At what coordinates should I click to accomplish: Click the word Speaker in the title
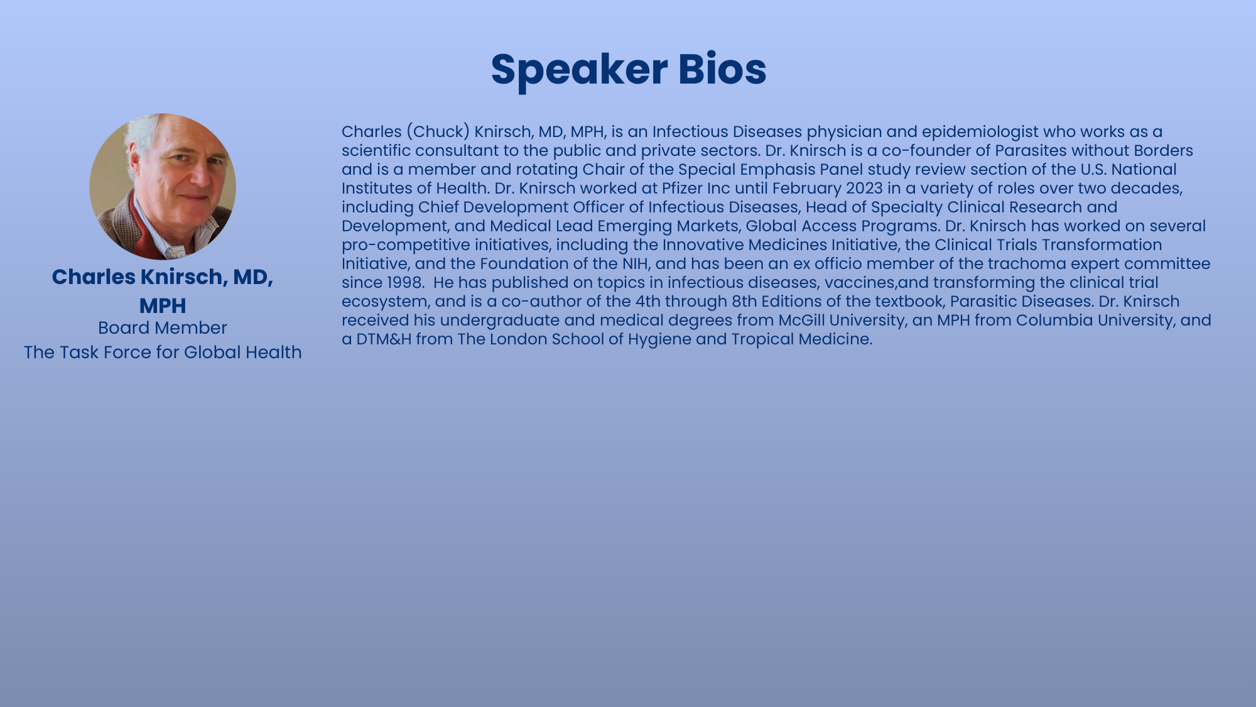click(578, 69)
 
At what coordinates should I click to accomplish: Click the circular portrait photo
click(163, 187)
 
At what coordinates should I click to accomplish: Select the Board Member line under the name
click(163, 328)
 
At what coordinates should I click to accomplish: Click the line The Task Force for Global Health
click(163, 353)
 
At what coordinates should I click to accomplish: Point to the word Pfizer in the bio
click(682, 189)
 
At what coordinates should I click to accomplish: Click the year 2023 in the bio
click(864, 189)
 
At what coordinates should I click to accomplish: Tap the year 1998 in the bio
click(404, 283)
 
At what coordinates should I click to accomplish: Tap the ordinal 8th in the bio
click(744, 302)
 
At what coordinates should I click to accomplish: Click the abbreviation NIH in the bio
click(635, 264)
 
